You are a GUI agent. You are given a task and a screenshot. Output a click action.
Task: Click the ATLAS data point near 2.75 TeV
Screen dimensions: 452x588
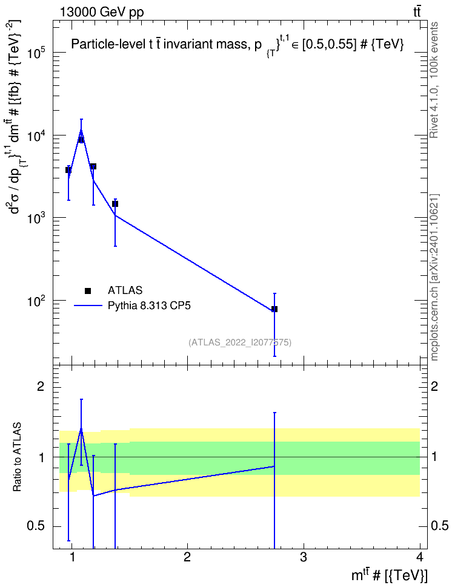pos(274,309)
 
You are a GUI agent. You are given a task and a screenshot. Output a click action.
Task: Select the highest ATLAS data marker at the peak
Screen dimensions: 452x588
pos(81,140)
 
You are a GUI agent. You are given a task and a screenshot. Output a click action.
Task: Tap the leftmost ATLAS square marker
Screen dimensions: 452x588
pos(68,170)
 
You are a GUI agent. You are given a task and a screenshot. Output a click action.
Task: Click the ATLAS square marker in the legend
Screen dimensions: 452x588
pos(88,290)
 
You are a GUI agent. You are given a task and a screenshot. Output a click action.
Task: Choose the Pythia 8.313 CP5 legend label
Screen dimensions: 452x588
pos(149,306)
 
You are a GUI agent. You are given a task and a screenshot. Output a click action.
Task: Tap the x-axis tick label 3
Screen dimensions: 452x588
pos(303,557)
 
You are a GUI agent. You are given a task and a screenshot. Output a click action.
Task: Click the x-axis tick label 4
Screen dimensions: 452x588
pos(420,557)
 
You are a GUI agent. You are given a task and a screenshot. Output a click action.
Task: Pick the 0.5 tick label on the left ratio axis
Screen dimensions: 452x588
pos(36,526)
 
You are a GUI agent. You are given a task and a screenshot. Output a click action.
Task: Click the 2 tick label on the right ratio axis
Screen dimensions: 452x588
pos(434,386)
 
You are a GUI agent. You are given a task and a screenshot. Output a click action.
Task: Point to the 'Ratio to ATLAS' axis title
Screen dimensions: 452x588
pos(17,457)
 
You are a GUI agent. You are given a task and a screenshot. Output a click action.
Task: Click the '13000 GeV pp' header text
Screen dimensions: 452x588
pos(102,12)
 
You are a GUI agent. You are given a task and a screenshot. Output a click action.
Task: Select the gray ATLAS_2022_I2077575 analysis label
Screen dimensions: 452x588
pos(240,342)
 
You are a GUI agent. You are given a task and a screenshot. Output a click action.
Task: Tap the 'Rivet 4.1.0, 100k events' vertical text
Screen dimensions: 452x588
pos(434,80)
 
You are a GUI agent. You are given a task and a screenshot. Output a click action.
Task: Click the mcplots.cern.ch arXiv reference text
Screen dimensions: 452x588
pos(434,277)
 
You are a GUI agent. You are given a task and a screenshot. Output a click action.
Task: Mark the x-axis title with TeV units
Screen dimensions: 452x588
pos(389,575)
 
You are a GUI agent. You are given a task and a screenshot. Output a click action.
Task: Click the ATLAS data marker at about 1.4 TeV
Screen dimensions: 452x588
pos(115,204)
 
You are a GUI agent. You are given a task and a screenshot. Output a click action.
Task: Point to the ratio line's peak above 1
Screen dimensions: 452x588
pos(81,430)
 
